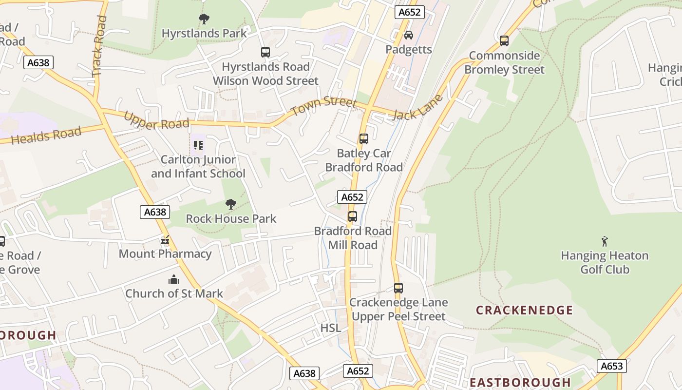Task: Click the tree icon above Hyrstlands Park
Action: click(x=204, y=19)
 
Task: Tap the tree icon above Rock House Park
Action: click(x=231, y=204)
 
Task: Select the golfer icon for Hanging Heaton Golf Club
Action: click(x=605, y=241)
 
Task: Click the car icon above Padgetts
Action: click(x=409, y=35)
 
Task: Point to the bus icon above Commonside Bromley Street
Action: click(x=504, y=41)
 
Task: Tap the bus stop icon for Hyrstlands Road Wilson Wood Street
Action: click(x=265, y=52)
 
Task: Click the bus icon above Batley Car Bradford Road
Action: click(x=364, y=139)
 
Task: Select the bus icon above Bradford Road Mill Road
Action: click(x=353, y=216)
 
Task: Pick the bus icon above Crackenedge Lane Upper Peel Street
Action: click(x=398, y=288)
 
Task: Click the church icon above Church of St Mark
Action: click(x=174, y=279)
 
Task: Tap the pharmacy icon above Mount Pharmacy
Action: click(x=165, y=239)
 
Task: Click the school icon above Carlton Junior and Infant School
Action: click(x=198, y=145)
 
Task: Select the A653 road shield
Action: click(x=611, y=366)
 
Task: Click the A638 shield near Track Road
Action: click(x=38, y=62)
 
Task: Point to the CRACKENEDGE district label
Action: click(x=524, y=310)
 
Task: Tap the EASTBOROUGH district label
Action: click(x=520, y=382)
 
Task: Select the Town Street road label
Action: click(x=324, y=104)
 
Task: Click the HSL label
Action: click(x=331, y=328)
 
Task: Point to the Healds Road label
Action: click(x=46, y=135)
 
